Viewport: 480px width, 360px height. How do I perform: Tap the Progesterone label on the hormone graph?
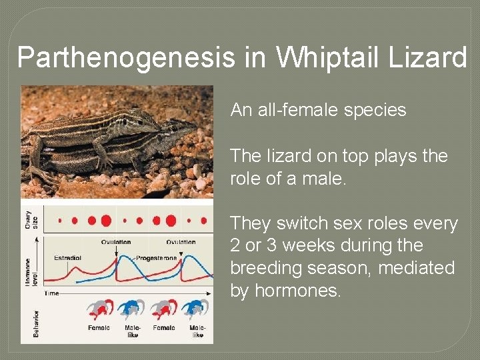[x=157, y=257]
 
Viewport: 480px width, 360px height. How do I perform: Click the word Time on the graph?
[x=51, y=293]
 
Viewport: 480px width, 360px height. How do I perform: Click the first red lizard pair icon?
[x=99, y=309]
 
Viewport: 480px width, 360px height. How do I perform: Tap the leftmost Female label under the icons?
[x=99, y=327]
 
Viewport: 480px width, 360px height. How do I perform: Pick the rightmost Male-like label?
[x=197, y=331]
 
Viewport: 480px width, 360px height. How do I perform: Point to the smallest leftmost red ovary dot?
[x=60, y=220]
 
